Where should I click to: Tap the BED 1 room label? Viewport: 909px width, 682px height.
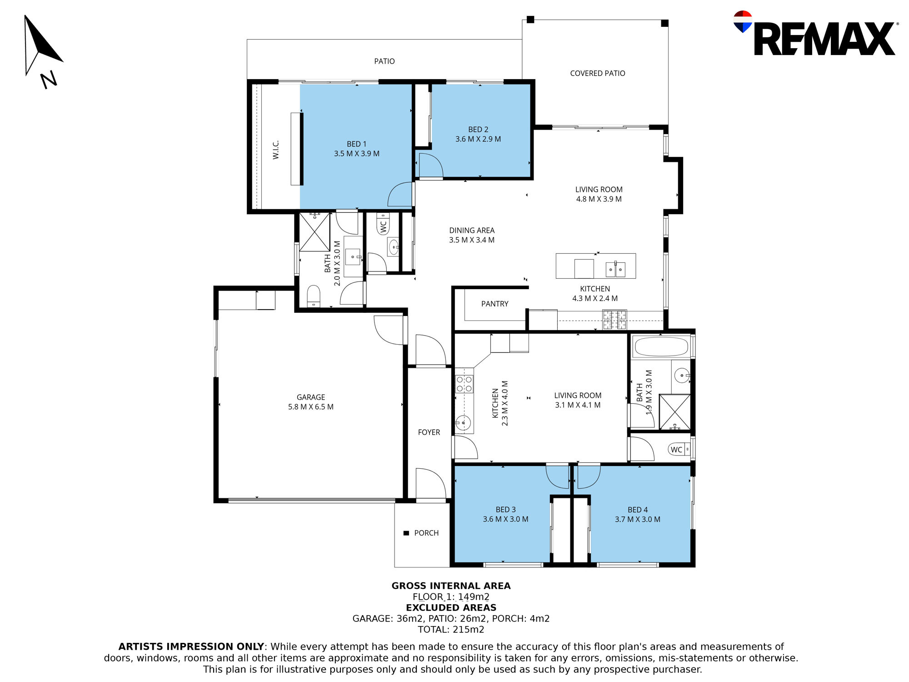coord(356,144)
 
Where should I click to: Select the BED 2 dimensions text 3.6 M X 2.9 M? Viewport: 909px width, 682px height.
coord(478,139)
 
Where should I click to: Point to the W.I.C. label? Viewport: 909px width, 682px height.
coord(276,150)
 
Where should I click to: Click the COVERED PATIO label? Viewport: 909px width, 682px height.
coord(598,73)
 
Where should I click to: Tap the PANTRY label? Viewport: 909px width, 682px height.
coord(495,304)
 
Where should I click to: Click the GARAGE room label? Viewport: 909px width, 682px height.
coord(311,397)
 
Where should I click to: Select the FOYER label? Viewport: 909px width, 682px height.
coord(429,432)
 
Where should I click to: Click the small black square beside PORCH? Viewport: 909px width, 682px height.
coord(406,533)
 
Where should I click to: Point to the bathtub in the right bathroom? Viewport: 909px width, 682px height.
coord(661,346)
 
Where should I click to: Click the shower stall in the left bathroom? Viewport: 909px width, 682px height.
coord(315,232)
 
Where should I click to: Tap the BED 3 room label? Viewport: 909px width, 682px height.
coord(505,510)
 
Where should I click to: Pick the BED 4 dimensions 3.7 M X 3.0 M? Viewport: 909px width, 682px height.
coord(638,519)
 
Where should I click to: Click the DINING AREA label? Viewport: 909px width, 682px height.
coord(472,231)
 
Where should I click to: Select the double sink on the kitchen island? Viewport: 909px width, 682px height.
coord(615,269)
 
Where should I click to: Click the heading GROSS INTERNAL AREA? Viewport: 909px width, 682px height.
coord(451,586)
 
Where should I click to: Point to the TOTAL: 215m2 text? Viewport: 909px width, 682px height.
coord(451,630)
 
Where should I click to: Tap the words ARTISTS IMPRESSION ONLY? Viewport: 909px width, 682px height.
coord(191,647)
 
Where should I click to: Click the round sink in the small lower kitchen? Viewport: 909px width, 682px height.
coord(463,423)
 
